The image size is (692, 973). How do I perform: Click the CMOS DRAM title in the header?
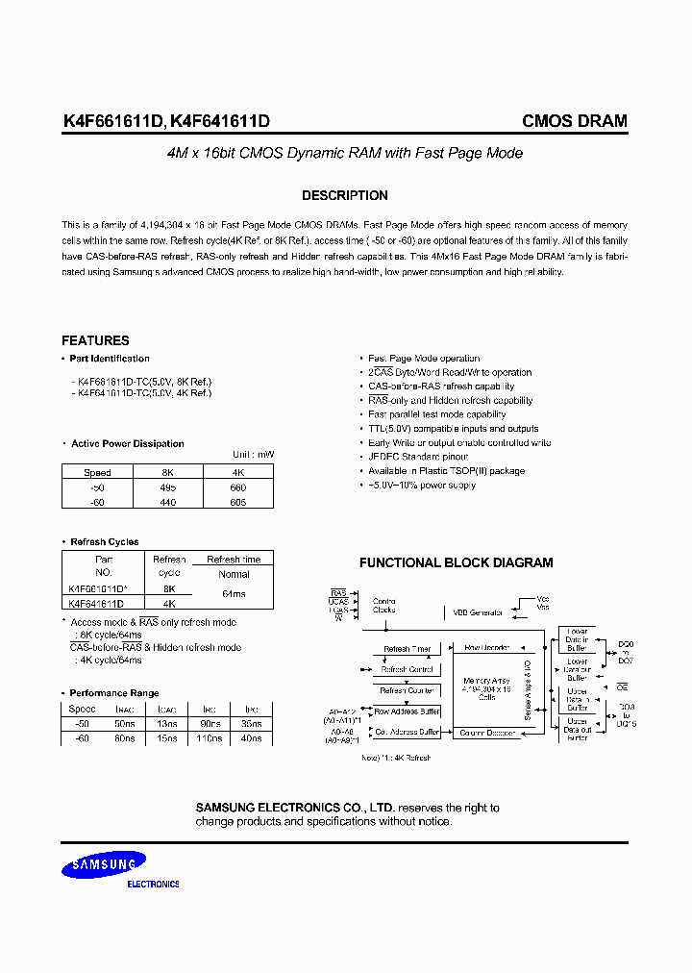tap(574, 121)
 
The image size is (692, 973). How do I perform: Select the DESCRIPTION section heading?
tap(345, 195)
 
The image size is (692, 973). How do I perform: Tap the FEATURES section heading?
tap(95, 340)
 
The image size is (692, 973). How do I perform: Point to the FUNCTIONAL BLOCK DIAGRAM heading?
tap(456, 562)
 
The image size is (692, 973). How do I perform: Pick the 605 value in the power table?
tap(238, 502)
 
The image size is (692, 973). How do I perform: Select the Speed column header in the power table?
tap(97, 472)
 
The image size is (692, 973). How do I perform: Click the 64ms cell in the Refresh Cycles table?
tap(234, 594)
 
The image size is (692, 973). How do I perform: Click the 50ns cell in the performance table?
tap(124, 723)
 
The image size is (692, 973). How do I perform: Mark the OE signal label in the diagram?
tap(622, 687)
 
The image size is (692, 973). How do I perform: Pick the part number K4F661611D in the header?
tap(112, 121)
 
